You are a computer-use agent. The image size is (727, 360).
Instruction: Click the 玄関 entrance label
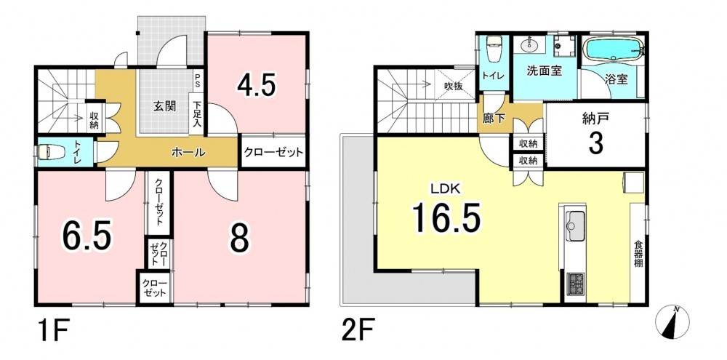tap(164, 106)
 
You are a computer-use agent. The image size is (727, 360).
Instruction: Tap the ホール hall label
tap(189, 152)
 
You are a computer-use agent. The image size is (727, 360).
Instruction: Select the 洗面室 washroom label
tap(545, 71)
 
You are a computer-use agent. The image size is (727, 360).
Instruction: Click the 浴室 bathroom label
tap(616, 79)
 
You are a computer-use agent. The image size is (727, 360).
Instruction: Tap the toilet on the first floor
tap(46, 152)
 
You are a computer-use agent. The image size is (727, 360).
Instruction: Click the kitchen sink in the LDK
tap(576, 226)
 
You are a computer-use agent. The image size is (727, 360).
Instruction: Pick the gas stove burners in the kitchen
tap(576, 284)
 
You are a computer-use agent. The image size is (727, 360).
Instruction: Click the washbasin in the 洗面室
tap(530, 46)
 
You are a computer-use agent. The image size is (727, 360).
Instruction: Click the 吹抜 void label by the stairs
tap(453, 86)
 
